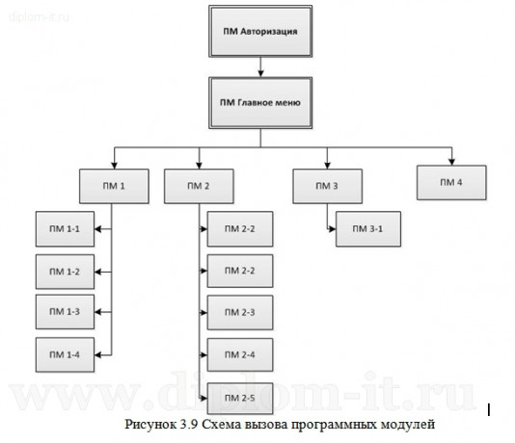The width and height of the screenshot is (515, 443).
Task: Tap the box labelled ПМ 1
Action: [115, 184]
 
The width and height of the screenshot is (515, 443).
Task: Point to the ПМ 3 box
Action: [327, 184]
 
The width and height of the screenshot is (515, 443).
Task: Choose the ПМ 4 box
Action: [450, 181]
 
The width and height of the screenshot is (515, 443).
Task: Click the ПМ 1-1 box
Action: [65, 228]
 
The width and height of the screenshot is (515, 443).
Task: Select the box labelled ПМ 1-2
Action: [65, 272]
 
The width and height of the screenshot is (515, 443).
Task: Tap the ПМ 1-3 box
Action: [65, 313]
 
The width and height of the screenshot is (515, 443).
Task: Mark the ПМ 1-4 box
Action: [65, 355]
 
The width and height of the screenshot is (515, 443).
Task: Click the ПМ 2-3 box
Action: [239, 313]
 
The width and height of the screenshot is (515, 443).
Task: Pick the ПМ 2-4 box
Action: [239, 355]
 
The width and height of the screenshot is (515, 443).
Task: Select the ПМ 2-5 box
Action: [239, 397]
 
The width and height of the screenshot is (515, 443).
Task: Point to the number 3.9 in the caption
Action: [189, 424]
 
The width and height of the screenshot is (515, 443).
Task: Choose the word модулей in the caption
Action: [411, 424]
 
